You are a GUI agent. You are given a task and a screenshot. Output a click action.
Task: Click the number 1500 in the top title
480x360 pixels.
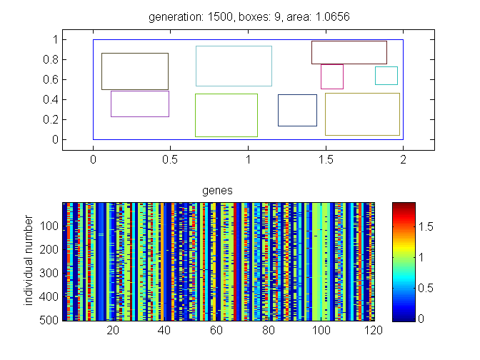tap(220, 16)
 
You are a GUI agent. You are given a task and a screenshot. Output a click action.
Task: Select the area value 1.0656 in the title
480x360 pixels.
tap(332, 16)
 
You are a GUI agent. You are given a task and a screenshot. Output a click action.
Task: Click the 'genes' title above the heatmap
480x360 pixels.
tap(217, 191)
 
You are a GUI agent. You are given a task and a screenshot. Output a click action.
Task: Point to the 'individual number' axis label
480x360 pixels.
tap(28, 260)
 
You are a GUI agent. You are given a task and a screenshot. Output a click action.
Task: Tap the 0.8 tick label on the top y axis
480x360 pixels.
tap(51, 60)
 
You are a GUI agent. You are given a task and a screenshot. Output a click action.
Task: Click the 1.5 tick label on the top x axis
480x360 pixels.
tap(326, 159)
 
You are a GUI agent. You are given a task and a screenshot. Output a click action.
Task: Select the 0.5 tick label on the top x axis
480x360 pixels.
tap(170, 159)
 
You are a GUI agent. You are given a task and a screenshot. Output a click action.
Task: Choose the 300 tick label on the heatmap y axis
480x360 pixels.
tap(49, 273)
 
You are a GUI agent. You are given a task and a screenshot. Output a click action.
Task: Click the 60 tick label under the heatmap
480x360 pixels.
tap(216, 330)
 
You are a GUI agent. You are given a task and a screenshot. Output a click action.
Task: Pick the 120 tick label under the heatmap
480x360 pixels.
tap(374, 330)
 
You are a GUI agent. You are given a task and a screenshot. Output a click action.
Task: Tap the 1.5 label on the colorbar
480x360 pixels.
tap(426, 227)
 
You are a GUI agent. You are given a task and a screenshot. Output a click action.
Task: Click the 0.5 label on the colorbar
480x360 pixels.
tap(426, 288)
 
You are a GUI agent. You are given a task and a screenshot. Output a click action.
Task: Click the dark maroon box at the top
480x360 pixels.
tap(349, 41)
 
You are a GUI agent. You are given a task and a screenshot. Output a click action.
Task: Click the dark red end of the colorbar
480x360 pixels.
tap(404, 206)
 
